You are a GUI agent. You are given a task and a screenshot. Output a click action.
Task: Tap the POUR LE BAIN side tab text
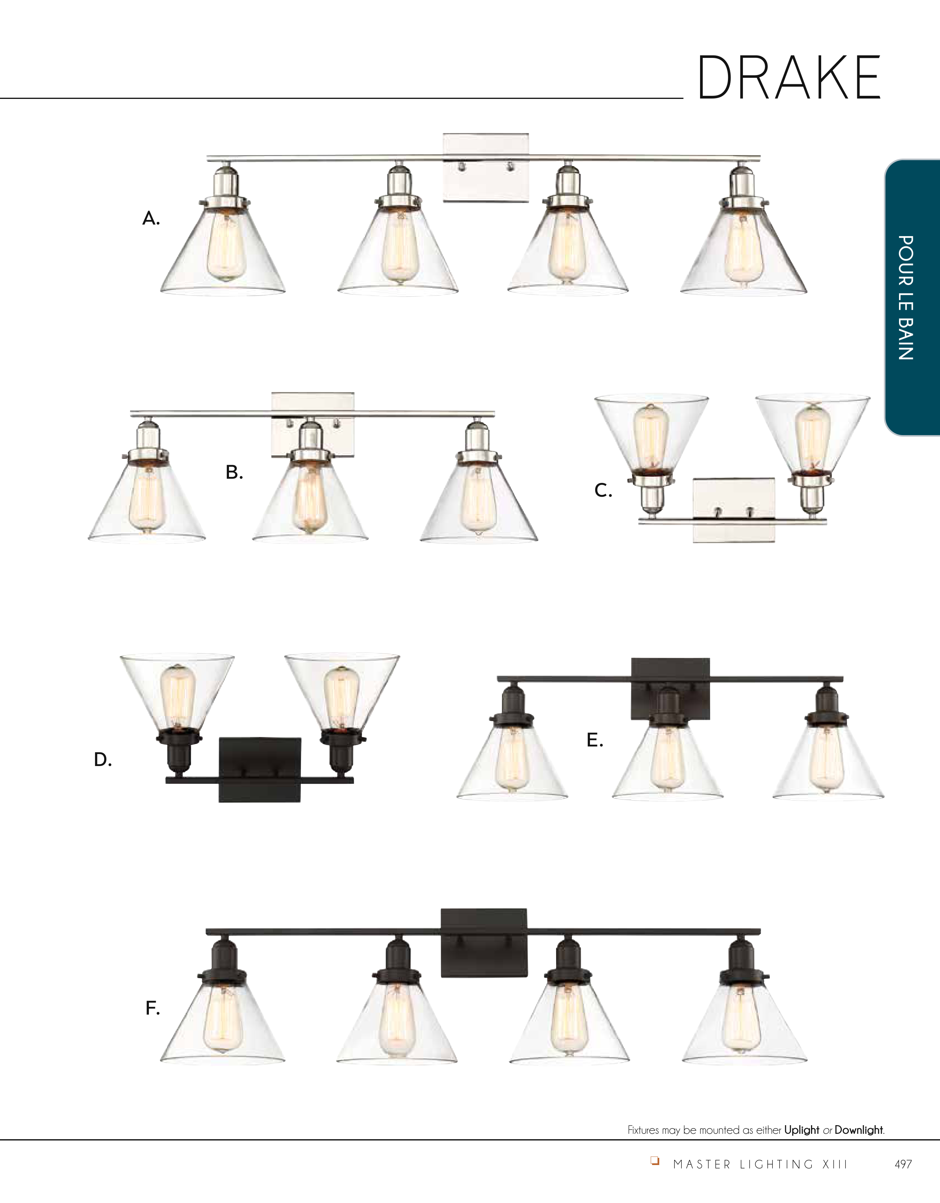tap(906, 297)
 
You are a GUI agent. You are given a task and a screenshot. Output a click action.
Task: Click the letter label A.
tap(151, 219)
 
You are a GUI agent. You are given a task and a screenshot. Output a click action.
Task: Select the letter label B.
tap(234, 472)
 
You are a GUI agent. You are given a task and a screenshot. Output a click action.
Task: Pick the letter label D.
tap(103, 760)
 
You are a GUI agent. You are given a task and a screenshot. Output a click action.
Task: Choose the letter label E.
tap(595, 740)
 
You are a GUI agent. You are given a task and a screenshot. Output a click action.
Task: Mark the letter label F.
tap(153, 1008)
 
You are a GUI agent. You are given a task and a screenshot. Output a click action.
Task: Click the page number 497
tap(903, 1164)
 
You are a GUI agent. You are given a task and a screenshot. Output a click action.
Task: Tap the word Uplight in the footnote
tap(802, 1130)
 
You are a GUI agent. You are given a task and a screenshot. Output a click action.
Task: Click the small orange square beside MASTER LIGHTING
tap(655, 1161)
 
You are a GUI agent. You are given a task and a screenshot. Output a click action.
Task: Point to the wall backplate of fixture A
tap(486, 167)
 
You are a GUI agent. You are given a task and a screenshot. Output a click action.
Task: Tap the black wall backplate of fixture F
tap(484, 943)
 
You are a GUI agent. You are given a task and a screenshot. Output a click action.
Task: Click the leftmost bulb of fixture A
tap(226, 247)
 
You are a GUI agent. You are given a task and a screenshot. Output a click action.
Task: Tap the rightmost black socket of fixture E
tap(826, 705)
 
